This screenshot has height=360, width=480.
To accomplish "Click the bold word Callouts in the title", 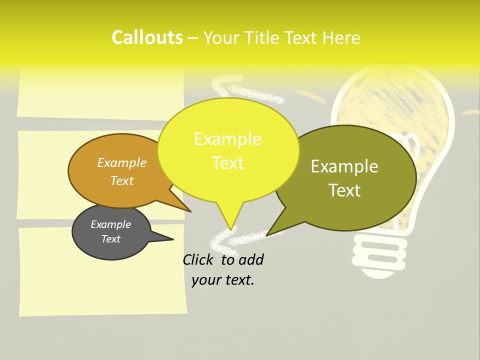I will (147, 37).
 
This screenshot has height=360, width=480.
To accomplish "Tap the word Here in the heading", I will (341, 38).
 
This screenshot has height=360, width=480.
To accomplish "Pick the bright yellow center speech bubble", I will (228, 150).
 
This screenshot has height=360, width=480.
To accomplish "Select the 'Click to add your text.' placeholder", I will (223, 269).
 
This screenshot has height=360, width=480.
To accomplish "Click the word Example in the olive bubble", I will (344, 166).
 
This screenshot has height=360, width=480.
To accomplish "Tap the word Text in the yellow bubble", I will (228, 163).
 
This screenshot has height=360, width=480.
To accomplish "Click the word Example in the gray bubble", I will (110, 224).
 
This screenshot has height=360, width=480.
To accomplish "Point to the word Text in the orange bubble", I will (122, 180).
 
